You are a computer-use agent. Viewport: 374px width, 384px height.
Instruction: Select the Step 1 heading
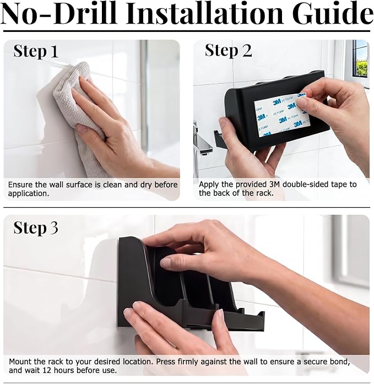pos(36,51)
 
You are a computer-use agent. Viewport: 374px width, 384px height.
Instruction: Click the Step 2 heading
pos(229,51)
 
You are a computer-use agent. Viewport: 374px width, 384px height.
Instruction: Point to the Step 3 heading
pos(36,228)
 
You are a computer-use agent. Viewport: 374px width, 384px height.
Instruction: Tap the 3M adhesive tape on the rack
pos(281,115)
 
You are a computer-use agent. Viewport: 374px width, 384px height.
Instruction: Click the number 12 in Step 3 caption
pos(48,370)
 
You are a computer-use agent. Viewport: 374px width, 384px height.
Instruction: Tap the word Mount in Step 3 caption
pos(20,361)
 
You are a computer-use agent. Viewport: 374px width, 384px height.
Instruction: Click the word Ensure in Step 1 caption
pos(20,185)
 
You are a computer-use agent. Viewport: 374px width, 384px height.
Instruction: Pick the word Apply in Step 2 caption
pos(209,185)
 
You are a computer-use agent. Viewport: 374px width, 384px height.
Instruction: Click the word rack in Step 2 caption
pos(264,193)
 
